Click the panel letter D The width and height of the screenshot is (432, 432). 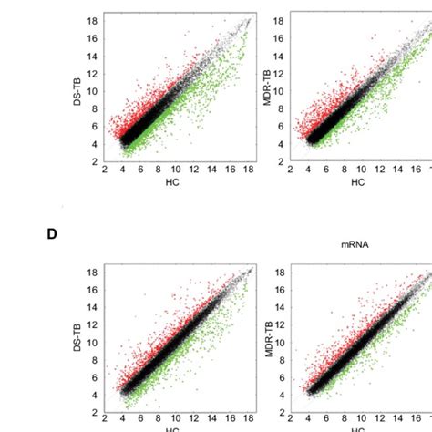[52, 234]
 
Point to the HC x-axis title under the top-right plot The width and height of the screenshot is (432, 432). [357, 182]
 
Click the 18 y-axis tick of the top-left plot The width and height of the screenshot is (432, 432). [93, 19]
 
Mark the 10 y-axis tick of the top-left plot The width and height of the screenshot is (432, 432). [93, 91]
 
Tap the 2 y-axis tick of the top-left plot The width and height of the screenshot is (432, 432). [96, 161]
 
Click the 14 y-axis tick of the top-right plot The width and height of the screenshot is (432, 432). [279, 56]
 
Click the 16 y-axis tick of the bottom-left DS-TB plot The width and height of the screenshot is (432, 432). [93, 290]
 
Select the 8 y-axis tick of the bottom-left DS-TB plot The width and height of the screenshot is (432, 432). [96, 360]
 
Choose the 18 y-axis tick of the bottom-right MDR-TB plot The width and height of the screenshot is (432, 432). [279, 273]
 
